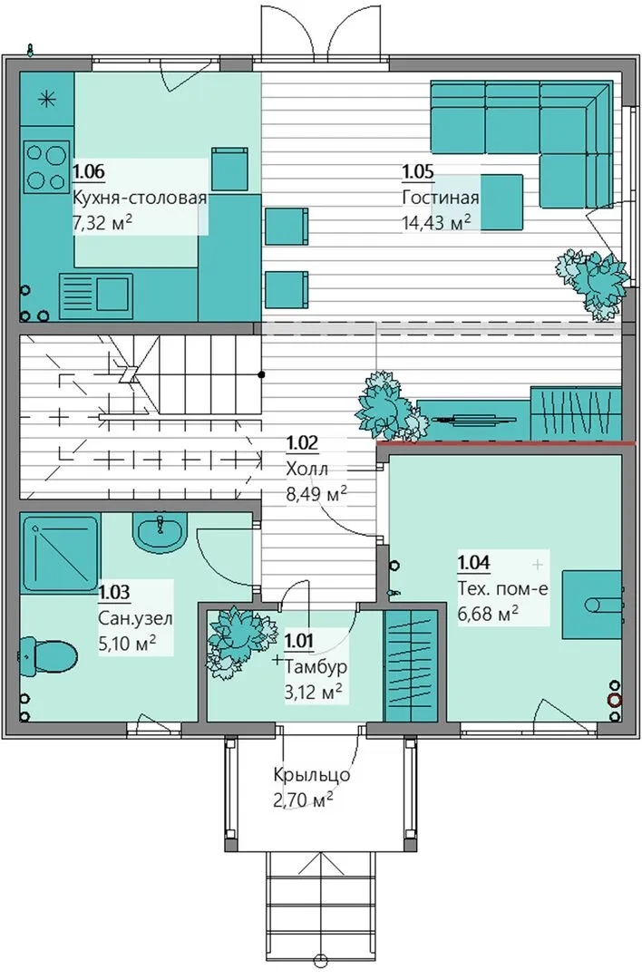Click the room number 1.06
pos(88,170)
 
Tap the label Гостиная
pos(441,198)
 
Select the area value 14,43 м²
pos(436,222)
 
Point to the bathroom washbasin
pos(160,532)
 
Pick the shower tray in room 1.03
pos(61,553)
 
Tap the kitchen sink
pos(95,294)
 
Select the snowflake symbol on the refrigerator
pos(47,99)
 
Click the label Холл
pos(306,469)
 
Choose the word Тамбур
pos(316,666)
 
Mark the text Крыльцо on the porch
pos(312,775)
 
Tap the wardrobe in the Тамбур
pos(410,667)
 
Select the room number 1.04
pos(474,563)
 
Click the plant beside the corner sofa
pos(593,280)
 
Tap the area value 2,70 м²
pos(302,800)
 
